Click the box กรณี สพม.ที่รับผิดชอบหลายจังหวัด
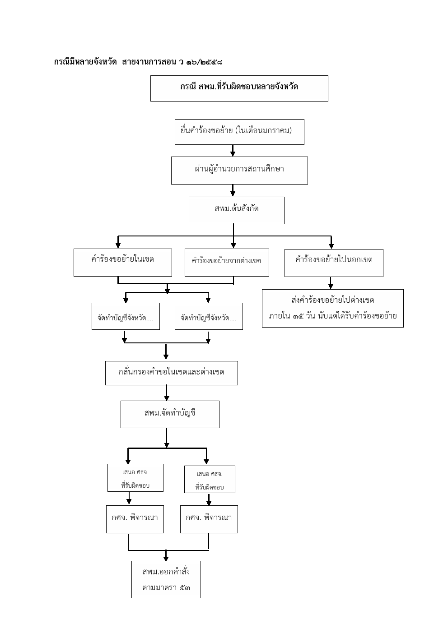pos(239,88)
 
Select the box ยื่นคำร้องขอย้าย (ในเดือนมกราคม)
pos(239,132)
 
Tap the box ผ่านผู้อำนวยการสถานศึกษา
pos(239,171)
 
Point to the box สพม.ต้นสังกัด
pos(237,210)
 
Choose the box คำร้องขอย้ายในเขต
pos(123,262)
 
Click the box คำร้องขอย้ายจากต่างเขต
pos(227,262)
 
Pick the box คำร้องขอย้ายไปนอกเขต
pos(334,263)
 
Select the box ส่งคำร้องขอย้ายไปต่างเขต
pos(332,308)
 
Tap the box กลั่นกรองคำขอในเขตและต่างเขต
pos(172,373)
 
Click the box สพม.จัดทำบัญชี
pos(170,414)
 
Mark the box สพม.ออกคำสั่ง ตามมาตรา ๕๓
pos(166,579)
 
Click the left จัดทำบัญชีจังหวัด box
pos(126,316)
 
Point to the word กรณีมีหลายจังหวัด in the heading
pos(85,62)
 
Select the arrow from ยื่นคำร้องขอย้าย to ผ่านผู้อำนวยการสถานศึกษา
pos(233,151)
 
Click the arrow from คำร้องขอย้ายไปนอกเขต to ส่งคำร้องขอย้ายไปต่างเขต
pos(331,283)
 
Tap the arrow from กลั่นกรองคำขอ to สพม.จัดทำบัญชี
pos(167,393)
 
